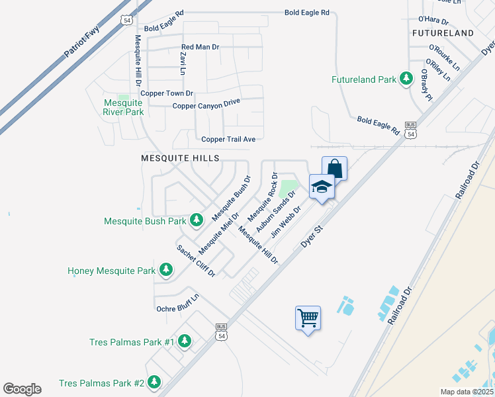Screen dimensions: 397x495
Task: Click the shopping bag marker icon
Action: (334, 168)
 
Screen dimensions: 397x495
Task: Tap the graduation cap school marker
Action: (321, 187)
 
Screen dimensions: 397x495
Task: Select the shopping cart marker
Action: (308, 318)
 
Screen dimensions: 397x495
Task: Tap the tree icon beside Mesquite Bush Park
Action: (196, 220)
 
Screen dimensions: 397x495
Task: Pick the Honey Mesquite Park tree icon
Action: (166, 270)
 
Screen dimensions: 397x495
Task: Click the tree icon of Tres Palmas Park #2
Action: (154, 382)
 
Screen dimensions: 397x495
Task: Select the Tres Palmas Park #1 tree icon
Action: (185, 341)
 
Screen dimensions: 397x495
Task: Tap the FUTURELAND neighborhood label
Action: (443, 32)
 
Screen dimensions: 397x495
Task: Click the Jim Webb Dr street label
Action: (286, 220)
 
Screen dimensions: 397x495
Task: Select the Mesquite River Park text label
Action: (124, 107)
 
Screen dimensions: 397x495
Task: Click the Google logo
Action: (22, 389)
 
